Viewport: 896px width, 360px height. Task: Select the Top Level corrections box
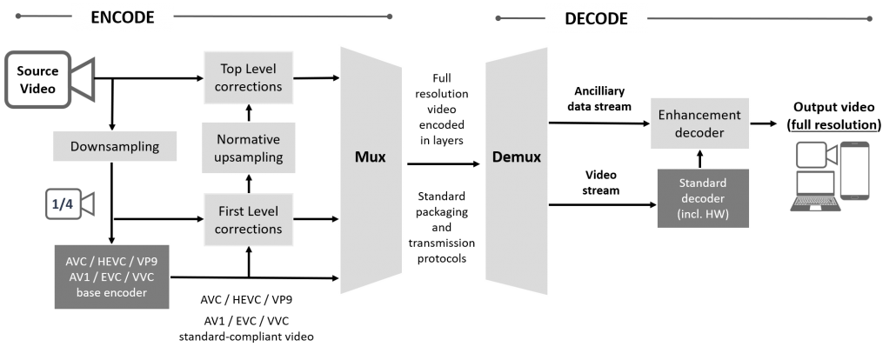click(x=249, y=77)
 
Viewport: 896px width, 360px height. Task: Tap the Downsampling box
click(x=115, y=146)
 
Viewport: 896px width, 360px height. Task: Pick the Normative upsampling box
click(x=249, y=148)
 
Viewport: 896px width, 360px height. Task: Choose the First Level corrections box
click(x=249, y=219)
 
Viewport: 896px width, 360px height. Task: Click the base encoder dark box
click(x=112, y=277)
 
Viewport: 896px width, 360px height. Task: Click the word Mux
click(x=370, y=158)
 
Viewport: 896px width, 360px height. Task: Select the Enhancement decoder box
click(x=699, y=123)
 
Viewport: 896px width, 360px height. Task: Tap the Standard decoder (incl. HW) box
click(x=703, y=199)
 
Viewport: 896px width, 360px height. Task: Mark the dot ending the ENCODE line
click(x=390, y=16)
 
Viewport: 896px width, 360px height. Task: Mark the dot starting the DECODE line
click(x=498, y=17)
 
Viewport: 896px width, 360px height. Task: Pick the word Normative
click(x=249, y=139)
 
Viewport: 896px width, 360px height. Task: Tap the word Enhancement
click(x=699, y=115)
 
